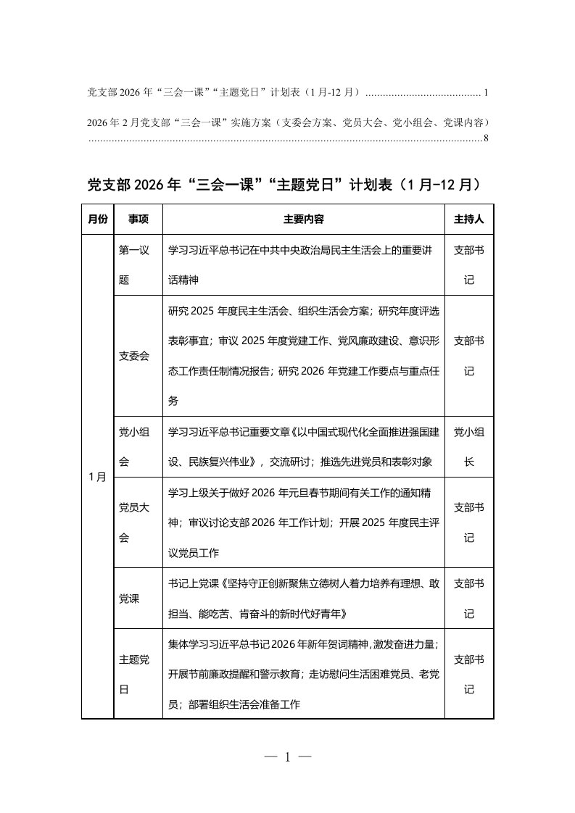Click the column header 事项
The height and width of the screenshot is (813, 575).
pyautogui.click(x=138, y=218)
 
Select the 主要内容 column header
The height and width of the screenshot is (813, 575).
pyautogui.click(x=304, y=218)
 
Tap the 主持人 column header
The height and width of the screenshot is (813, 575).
pyautogui.click(x=468, y=218)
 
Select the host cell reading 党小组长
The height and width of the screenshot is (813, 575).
pyautogui.click(x=468, y=446)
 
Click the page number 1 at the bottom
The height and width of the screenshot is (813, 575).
pyautogui.click(x=287, y=757)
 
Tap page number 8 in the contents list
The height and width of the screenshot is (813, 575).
pyautogui.click(x=486, y=137)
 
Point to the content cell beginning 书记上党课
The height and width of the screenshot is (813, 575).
pyautogui.click(x=304, y=599)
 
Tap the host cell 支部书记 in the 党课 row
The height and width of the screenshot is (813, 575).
pyautogui.click(x=468, y=599)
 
